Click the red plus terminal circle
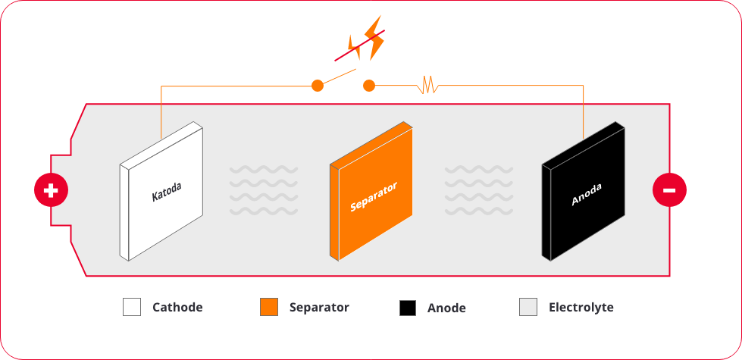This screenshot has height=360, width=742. tap(51, 190)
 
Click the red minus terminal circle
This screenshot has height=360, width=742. tap(669, 190)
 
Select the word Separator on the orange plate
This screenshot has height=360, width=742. tap(374, 196)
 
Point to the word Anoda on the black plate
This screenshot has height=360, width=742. tap(587, 195)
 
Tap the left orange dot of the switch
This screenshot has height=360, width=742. tap(318, 86)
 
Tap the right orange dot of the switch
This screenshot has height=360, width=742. tap(369, 86)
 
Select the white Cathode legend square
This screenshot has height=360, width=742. tap(132, 307)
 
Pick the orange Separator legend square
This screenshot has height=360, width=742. tap(269, 307)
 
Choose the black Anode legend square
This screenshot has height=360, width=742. tap(408, 308)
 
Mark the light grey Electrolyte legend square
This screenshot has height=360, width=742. tap(528, 307)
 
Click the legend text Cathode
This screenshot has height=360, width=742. tap(177, 308)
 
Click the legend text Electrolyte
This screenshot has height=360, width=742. tap(581, 308)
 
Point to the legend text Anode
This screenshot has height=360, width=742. tap(446, 308)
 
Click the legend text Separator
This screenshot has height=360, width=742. tap(319, 308)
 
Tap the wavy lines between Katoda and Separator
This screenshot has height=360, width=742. tap(264, 189)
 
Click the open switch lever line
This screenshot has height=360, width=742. tap(339, 77)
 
